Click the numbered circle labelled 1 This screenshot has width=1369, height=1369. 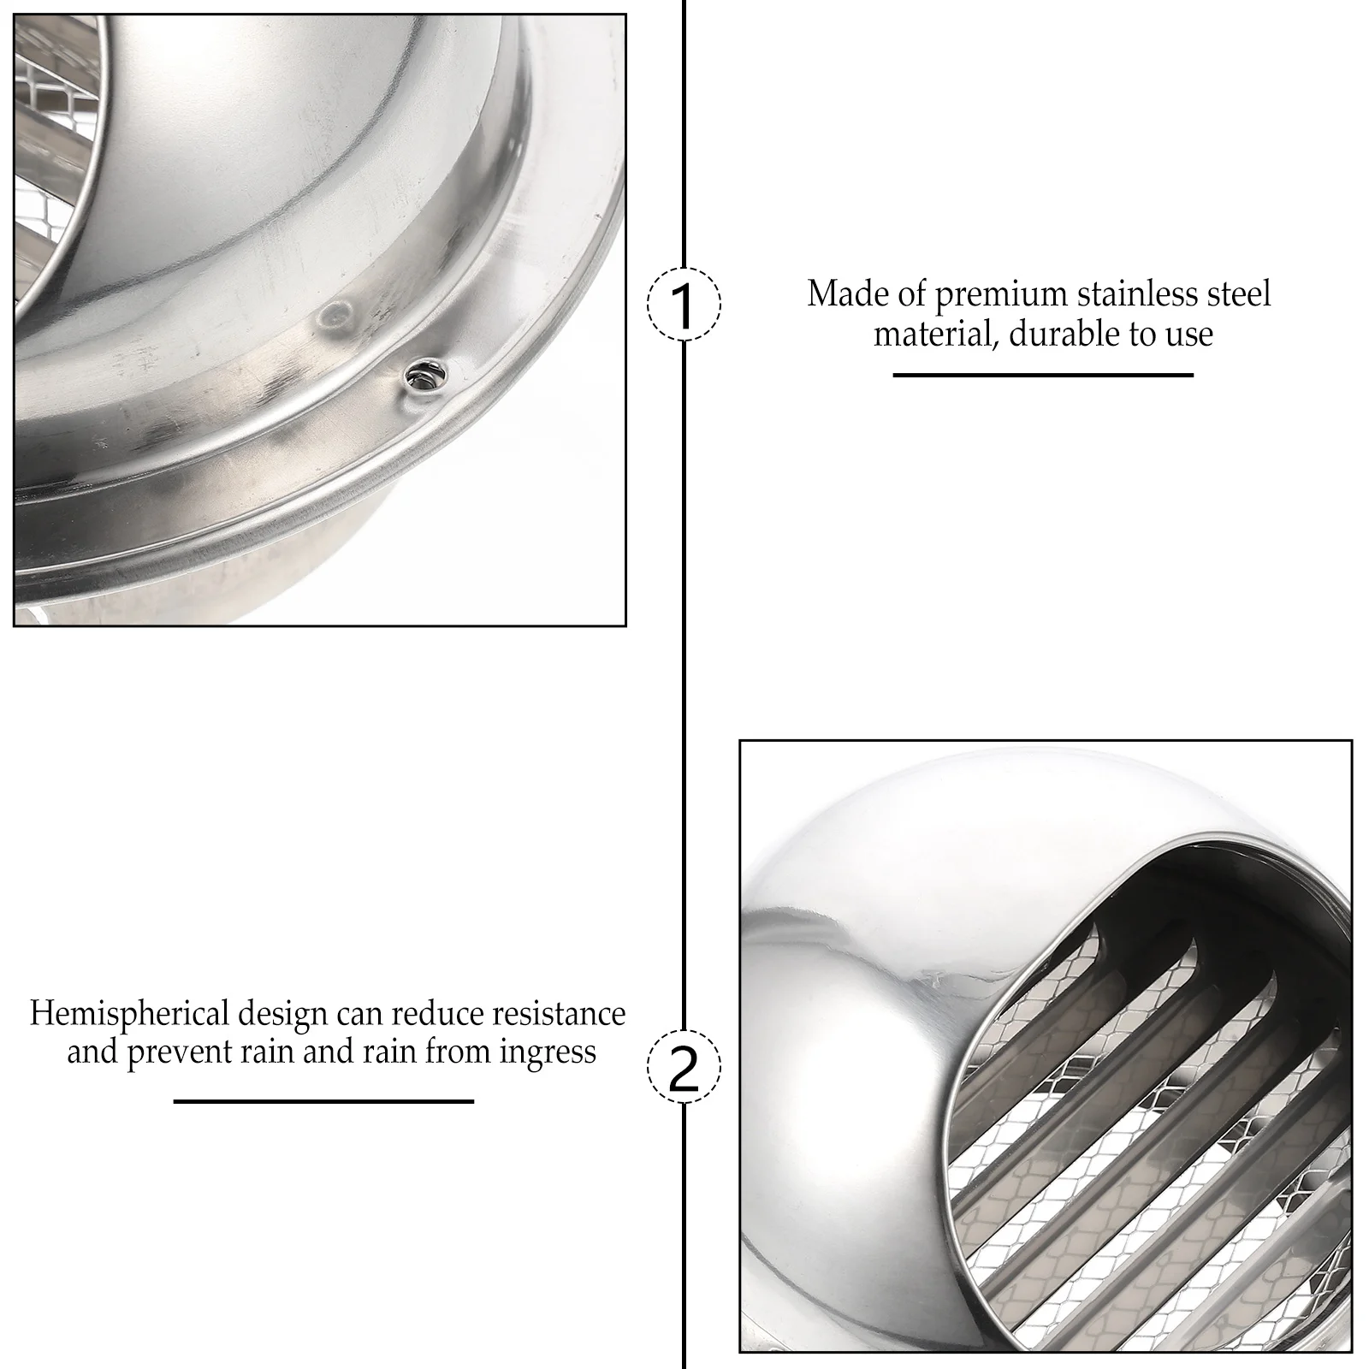pos(684,305)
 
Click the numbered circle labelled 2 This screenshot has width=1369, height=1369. pos(684,1066)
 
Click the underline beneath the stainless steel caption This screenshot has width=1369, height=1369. pos(1042,375)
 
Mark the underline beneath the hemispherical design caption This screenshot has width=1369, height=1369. pos(323,1101)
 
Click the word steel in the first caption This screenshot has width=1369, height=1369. pos(1239,294)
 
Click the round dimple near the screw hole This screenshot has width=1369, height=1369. pos(333,316)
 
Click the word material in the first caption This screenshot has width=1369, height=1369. pos(934,334)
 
